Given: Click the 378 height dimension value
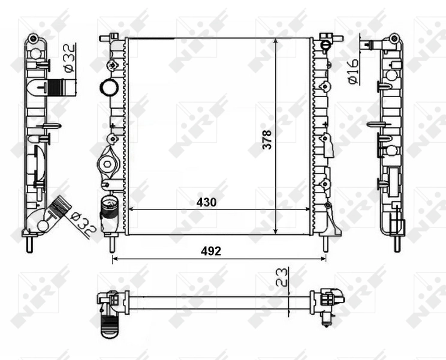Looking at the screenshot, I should tap(267, 139).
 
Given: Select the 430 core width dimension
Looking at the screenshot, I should tap(206, 203).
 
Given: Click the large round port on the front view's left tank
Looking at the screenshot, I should tap(109, 87).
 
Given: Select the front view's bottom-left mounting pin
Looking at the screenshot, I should tap(112, 242).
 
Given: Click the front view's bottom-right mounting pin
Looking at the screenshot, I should tap(326, 242).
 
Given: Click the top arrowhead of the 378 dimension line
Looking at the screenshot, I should tap(275, 41).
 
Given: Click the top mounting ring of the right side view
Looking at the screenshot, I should tap(393, 39).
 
